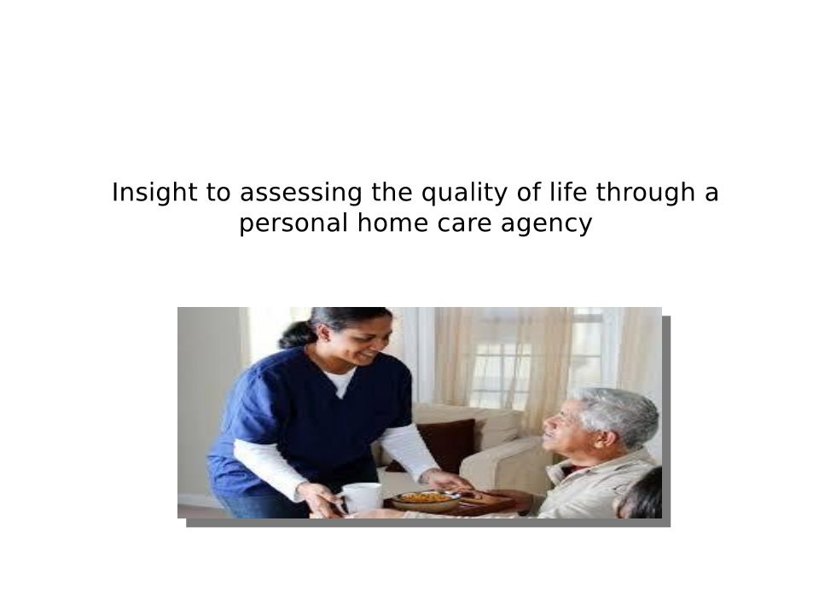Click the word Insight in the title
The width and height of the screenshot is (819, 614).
tap(154, 192)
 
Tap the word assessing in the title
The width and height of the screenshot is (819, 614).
tap(301, 194)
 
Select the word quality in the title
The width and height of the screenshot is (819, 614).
tap(464, 194)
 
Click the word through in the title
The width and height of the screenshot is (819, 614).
tap(646, 194)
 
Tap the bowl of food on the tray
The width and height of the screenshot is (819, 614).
tap(426, 501)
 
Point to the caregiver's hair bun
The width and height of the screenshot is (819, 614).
tap(296, 335)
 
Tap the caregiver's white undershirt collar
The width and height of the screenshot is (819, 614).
tap(340, 380)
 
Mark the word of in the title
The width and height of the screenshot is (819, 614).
tap(529, 192)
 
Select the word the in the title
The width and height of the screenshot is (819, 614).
tap(392, 192)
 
